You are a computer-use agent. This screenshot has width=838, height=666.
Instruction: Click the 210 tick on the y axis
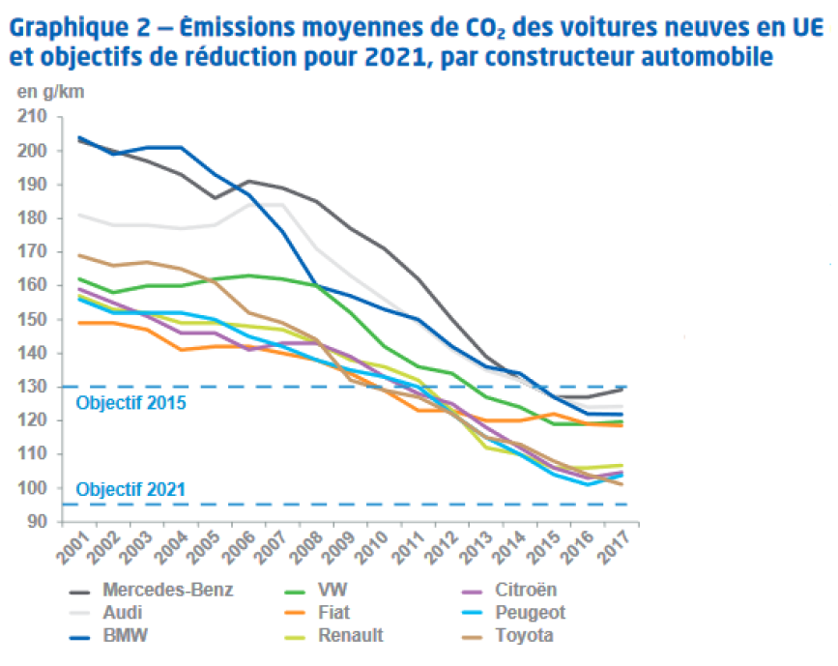coord(34,117)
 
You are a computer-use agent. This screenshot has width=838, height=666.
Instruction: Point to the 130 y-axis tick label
coord(34,387)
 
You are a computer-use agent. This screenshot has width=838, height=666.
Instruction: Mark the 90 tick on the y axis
coord(38,522)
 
